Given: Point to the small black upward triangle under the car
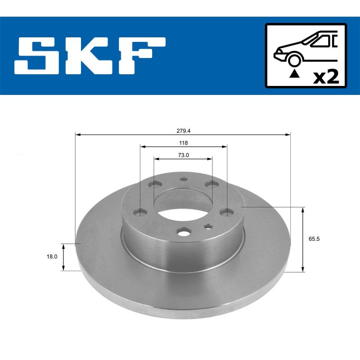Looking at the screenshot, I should (x=294, y=73).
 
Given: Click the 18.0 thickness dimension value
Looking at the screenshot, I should (x=52, y=256).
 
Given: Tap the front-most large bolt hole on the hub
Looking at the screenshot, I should (x=183, y=232).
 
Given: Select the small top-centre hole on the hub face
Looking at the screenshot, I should (x=183, y=179).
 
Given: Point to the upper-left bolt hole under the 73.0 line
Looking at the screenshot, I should (x=156, y=184).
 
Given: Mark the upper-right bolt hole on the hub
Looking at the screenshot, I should (x=210, y=184).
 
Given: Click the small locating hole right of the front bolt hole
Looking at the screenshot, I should (x=207, y=226).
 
